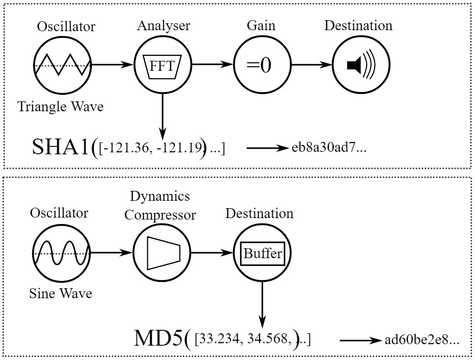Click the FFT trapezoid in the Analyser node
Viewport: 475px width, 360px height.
click(162, 67)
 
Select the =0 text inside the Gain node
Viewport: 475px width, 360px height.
click(259, 65)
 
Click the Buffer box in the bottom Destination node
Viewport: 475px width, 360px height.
click(262, 254)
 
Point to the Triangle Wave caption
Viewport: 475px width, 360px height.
click(61, 107)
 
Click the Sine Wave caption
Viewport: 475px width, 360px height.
click(61, 293)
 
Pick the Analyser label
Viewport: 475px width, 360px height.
click(164, 26)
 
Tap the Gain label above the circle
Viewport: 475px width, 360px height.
click(261, 25)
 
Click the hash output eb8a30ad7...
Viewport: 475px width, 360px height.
click(329, 147)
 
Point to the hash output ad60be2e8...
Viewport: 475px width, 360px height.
click(422, 340)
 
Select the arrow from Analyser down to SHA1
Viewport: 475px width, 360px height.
click(163, 116)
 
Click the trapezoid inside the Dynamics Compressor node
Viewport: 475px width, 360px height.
click(164, 253)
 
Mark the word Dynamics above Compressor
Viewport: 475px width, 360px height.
click(160, 196)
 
